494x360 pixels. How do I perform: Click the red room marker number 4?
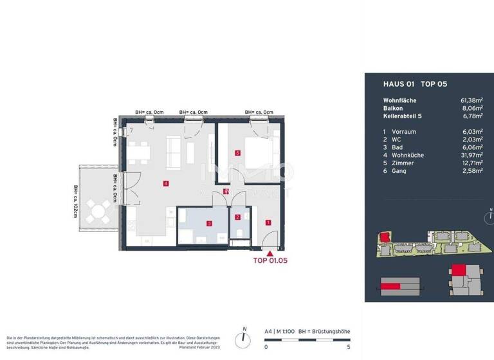[x=166, y=184]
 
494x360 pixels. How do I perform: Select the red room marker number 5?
[x=237, y=153]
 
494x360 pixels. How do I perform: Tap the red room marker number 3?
[x=209, y=223]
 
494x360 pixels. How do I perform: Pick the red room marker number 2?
[x=237, y=217]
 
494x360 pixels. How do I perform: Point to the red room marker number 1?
[x=268, y=222]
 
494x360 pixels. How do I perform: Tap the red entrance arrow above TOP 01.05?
[x=269, y=254]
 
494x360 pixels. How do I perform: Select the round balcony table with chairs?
[x=99, y=210]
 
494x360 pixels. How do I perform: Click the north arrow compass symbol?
[x=244, y=337]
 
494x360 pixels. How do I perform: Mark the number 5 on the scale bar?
[x=348, y=347]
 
